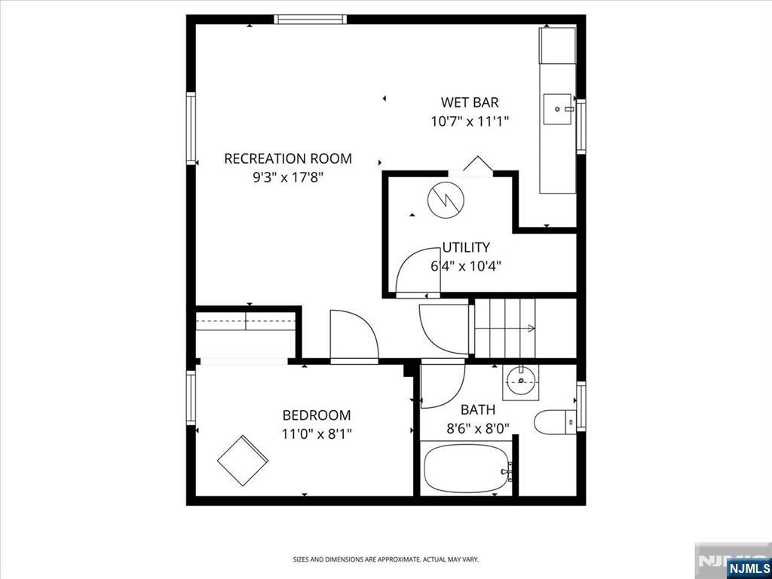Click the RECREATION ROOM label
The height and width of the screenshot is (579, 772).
point(288,158)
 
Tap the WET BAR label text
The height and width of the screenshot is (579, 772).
point(470,103)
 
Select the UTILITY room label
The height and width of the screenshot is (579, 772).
point(466,247)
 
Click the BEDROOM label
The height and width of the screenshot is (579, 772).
point(317,415)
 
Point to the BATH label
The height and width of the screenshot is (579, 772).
point(478,410)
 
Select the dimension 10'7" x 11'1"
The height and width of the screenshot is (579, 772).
point(470,121)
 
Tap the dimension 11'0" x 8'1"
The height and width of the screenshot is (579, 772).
point(317,433)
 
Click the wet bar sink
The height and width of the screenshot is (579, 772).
point(559,109)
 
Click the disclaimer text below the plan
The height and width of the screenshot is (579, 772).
point(385,559)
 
